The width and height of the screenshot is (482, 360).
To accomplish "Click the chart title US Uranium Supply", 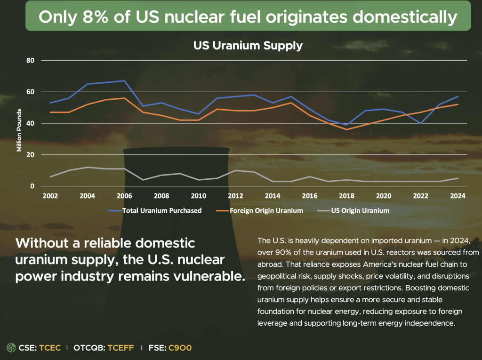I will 248,46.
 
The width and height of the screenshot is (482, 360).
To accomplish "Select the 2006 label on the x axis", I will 124,196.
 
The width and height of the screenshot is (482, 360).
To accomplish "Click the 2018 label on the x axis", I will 346,196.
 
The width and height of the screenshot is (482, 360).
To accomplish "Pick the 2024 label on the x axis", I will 458,196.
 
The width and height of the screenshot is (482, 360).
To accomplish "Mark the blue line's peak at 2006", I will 124,81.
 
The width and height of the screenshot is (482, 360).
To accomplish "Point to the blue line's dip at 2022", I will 420,123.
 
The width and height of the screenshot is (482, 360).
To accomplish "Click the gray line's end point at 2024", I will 458,178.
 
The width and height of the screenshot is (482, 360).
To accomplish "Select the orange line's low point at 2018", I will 346,129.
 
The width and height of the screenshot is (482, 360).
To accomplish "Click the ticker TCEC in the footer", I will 50,348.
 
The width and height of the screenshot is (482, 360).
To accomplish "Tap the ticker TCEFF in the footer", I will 120,348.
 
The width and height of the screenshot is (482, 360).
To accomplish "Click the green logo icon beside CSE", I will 11,348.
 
